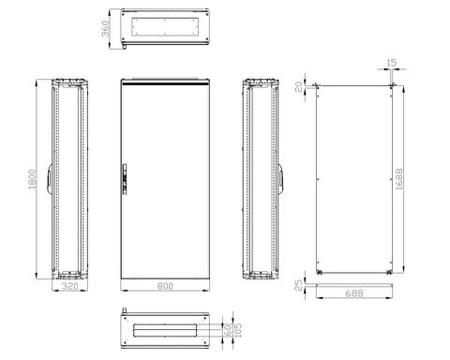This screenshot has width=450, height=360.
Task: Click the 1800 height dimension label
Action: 32,179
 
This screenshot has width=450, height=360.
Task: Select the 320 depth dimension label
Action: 69,286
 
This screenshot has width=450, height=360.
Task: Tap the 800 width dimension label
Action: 165,286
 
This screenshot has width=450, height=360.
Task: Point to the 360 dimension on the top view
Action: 106,28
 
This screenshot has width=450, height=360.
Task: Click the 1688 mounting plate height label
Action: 399,179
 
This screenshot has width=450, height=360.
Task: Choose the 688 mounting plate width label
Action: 354,293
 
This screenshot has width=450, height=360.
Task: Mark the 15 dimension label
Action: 391,63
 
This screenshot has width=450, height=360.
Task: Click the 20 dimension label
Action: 299,86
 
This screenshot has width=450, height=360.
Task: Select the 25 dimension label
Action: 299,285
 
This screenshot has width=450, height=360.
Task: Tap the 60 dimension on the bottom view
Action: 228,330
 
